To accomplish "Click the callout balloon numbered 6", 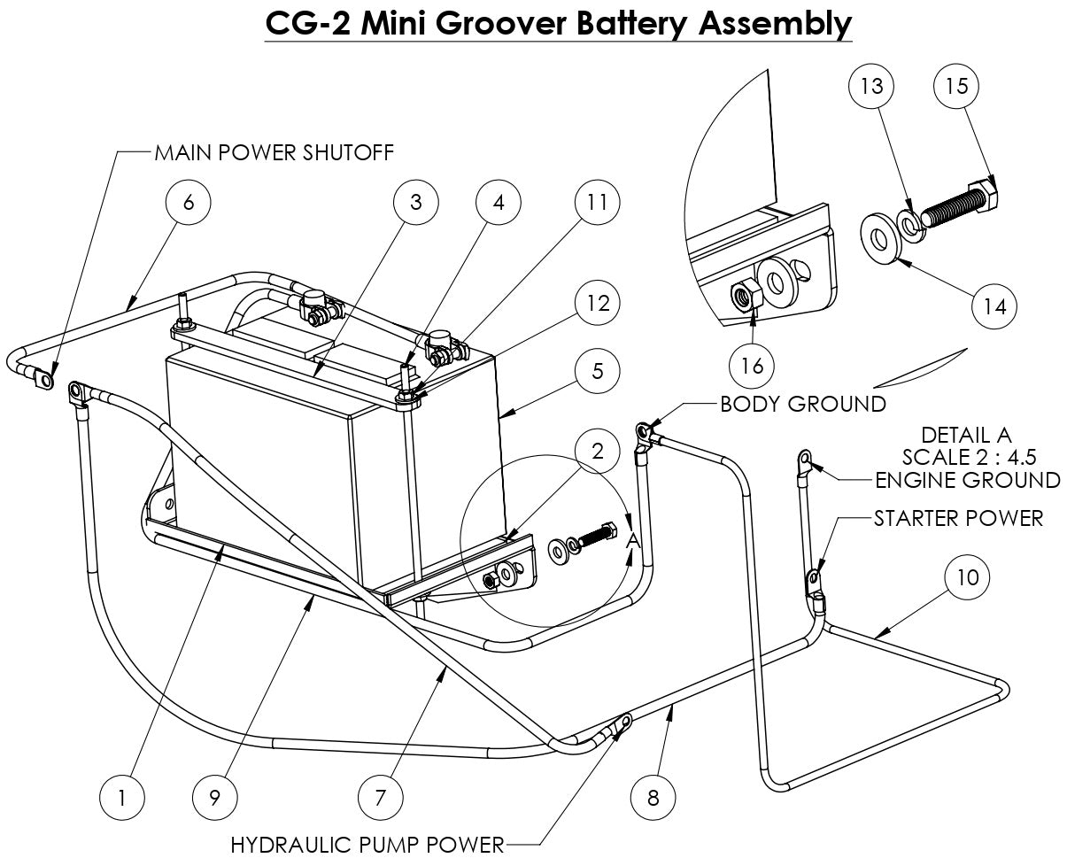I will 188,202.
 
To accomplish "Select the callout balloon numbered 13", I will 871,86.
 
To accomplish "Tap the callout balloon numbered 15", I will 957,86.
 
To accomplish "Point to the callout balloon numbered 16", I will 752,366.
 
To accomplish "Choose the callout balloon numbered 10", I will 968,577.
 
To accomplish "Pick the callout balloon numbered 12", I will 598,303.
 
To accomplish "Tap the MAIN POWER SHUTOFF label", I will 274,152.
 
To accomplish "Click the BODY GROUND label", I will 802,405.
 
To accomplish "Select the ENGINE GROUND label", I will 967,480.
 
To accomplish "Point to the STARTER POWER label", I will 958,518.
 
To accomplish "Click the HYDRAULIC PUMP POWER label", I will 367,845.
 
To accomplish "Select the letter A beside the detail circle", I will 632,540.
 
